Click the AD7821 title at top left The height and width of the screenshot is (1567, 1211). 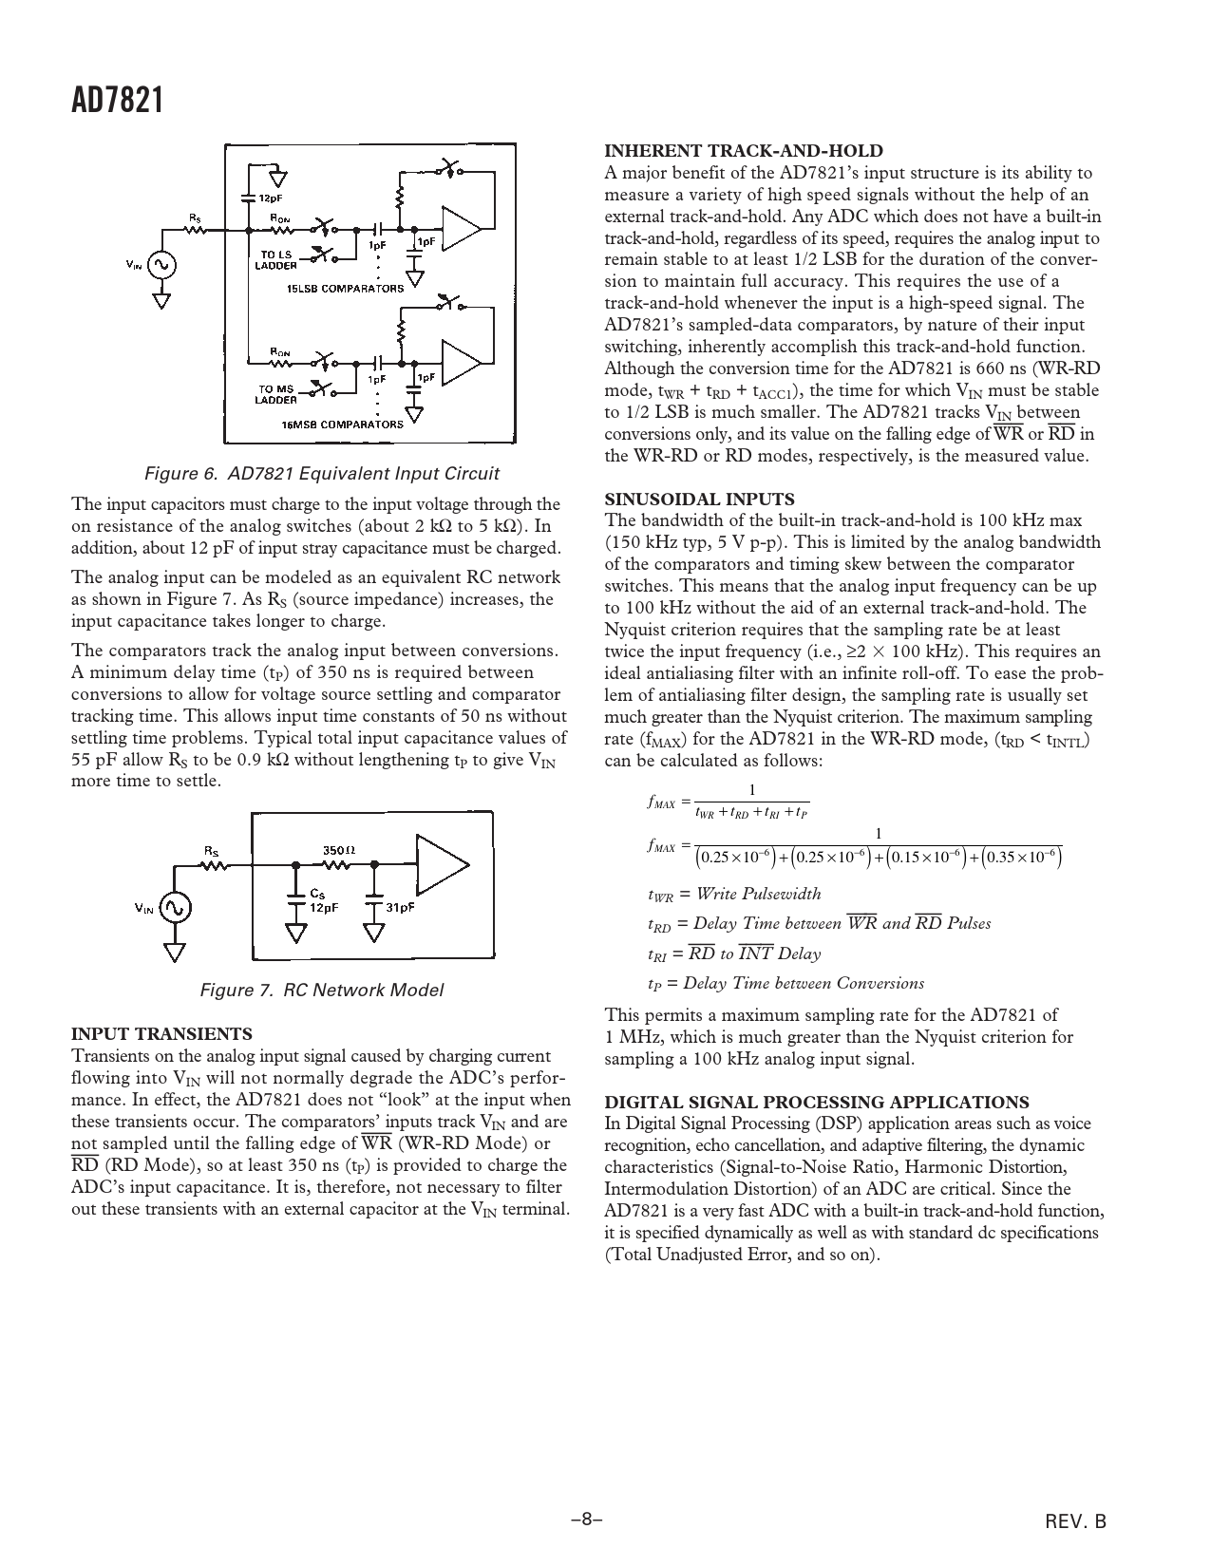[118, 100]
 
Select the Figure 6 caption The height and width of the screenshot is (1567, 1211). [321, 473]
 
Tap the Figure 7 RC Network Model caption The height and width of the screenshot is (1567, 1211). [321, 990]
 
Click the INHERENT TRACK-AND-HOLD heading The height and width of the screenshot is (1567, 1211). [744, 151]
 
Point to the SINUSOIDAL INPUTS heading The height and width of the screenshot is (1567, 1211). [699, 499]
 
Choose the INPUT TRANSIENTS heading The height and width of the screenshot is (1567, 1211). [162, 1033]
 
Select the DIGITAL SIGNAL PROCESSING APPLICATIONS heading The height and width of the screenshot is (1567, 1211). [817, 1102]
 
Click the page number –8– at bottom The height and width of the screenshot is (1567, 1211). [587, 1520]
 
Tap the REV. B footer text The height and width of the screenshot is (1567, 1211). [1076, 1521]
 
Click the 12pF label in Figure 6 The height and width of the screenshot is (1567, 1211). [271, 198]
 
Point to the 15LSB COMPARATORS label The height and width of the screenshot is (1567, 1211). [345, 288]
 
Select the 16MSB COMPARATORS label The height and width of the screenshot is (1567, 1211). [342, 424]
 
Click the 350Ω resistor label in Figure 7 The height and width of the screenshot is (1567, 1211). [339, 850]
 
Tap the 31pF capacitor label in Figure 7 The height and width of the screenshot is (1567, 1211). [400, 906]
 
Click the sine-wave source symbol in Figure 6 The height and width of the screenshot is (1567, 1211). [162, 265]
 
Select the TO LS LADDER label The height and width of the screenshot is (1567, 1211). [275, 259]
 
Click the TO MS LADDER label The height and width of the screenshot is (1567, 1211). [277, 394]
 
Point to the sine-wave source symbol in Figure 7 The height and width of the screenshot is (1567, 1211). [175, 908]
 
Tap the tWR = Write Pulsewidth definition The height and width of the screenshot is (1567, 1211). [733, 894]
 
